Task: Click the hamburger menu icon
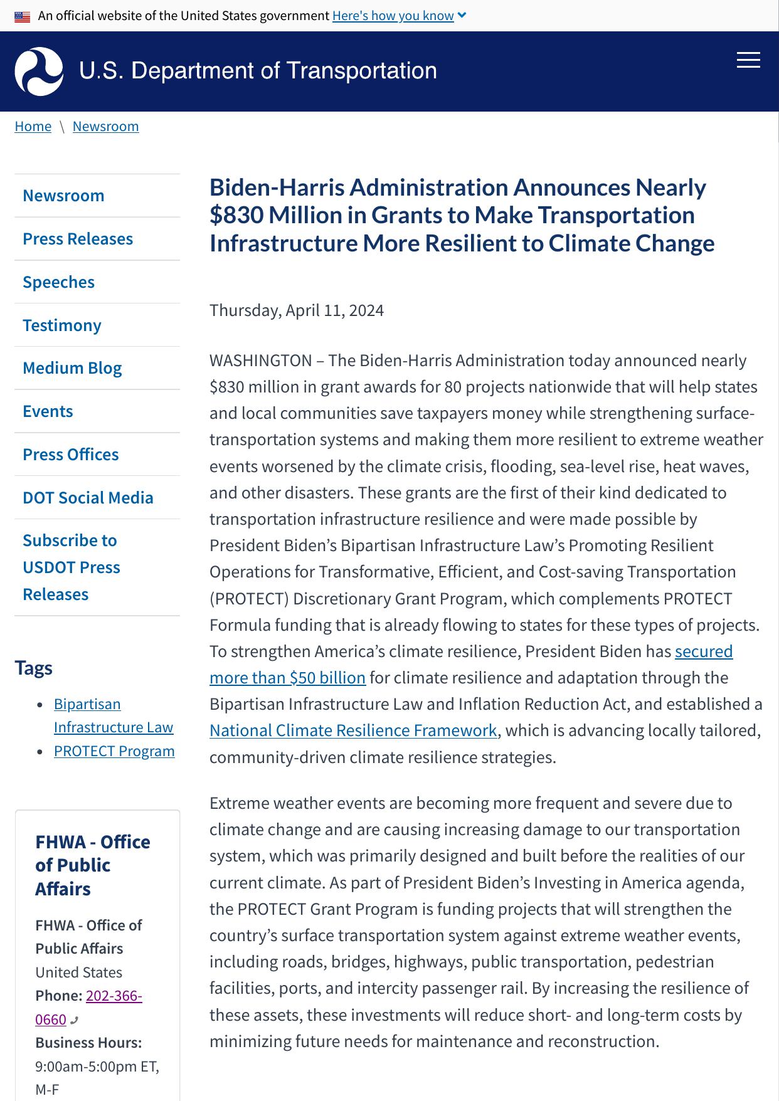tap(748, 60)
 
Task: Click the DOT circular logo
tap(39, 71)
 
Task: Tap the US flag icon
tap(23, 16)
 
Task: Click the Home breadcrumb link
tap(33, 126)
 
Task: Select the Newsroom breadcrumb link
tap(105, 126)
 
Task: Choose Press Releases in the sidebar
tap(78, 239)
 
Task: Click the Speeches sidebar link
tap(58, 282)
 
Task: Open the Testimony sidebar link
tap(61, 325)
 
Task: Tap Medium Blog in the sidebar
tap(72, 368)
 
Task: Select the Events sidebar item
tap(48, 411)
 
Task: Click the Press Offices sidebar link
tap(70, 455)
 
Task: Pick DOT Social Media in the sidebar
tap(88, 498)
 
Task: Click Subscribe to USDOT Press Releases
tap(71, 567)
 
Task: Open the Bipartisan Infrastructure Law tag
tap(113, 715)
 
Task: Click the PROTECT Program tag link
tap(114, 751)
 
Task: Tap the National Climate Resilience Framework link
tap(353, 730)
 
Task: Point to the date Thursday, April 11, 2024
tap(296, 310)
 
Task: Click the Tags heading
tap(34, 668)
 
